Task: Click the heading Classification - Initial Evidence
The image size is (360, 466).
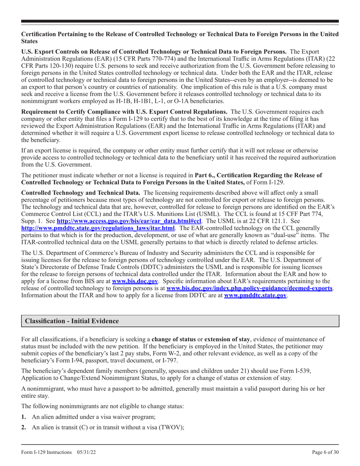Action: point(72,321)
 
